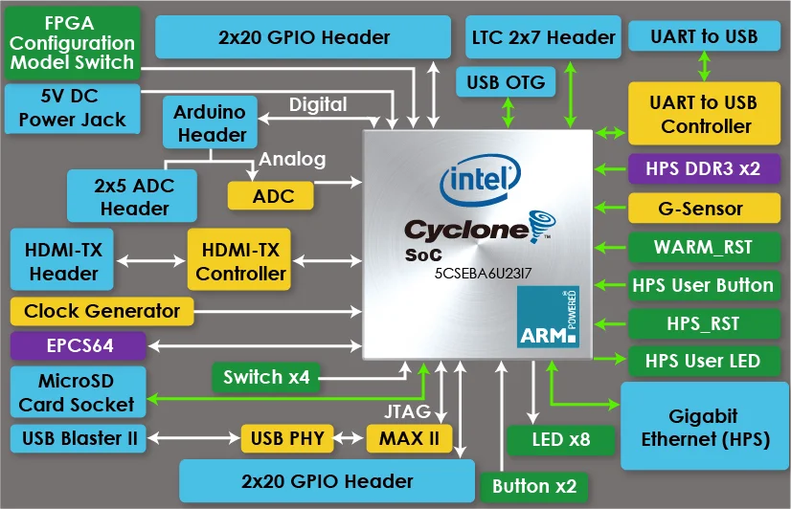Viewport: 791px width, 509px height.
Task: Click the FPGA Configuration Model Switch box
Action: [x=72, y=43]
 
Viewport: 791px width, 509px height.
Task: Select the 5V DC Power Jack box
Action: [x=72, y=108]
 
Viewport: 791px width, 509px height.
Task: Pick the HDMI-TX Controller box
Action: [x=239, y=261]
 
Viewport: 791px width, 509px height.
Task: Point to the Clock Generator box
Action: [x=102, y=311]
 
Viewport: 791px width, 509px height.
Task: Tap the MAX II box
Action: [x=408, y=439]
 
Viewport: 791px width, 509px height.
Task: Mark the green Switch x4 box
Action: [x=265, y=376]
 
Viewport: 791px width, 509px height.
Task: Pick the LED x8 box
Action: [x=560, y=439]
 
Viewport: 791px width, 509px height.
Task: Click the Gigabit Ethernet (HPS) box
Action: [x=703, y=427]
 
